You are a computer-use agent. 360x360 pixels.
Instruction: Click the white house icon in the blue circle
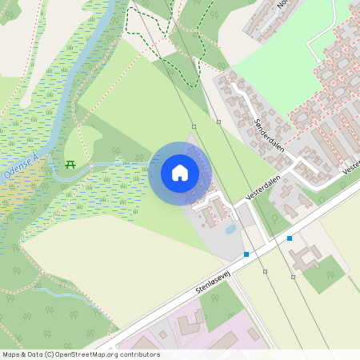(x=179, y=173)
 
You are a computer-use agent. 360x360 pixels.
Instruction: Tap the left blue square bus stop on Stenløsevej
(x=246, y=254)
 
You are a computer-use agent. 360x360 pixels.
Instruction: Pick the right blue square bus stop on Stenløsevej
(x=290, y=238)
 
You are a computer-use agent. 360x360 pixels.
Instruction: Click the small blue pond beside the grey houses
(x=230, y=229)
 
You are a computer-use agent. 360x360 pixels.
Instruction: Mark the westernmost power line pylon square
(x=194, y=127)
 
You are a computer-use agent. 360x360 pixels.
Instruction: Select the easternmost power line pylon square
(x=293, y=277)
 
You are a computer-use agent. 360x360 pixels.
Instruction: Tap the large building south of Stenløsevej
(x=303, y=258)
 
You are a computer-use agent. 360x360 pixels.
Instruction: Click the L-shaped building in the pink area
(x=190, y=325)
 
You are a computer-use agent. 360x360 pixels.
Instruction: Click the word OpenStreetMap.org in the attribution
(x=97, y=354)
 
